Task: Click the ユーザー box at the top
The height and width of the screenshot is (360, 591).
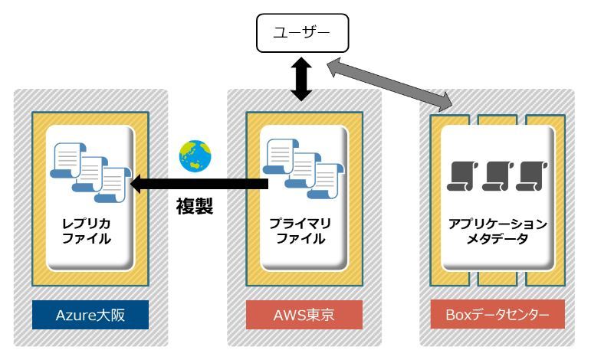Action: point(302,34)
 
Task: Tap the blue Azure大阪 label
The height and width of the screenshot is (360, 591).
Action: point(90,315)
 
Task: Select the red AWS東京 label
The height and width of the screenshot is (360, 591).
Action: point(304,315)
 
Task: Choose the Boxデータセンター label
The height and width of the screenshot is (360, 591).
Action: point(497,315)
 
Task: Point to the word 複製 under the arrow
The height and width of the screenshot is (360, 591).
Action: point(194,206)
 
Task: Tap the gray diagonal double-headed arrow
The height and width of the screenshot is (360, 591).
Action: point(389,85)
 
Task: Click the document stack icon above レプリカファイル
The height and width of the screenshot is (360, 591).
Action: point(87,173)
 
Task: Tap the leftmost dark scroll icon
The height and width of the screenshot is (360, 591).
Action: point(461,176)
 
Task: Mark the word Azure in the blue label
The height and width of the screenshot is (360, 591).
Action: point(75,315)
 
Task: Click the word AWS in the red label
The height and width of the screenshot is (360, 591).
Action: point(288,315)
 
